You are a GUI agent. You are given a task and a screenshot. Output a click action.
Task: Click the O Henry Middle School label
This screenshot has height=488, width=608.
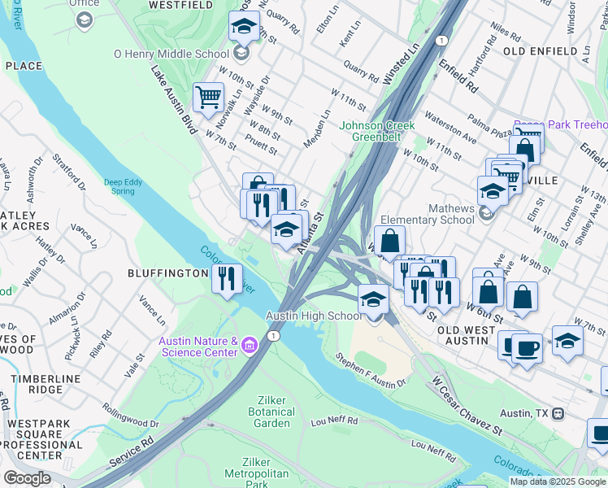pyautogui.click(x=171, y=54)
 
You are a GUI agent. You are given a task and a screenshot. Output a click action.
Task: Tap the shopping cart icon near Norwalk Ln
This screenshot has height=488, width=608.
pyautogui.click(x=208, y=98)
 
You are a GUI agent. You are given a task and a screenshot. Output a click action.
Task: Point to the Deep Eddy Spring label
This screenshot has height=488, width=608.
pyautogui.click(x=124, y=185)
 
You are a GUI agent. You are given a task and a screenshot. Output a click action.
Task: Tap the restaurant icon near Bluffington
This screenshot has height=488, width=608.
pyautogui.click(x=227, y=277)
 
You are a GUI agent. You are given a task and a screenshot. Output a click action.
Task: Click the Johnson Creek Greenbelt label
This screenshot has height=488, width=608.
pyautogui.click(x=377, y=131)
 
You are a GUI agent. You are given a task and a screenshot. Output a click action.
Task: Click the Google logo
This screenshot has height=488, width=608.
pyautogui.click(x=27, y=478)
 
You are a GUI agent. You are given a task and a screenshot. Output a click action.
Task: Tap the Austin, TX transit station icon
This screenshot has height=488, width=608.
pyautogui.click(x=558, y=413)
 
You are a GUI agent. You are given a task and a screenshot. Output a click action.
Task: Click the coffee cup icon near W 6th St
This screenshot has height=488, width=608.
pyautogui.click(x=526, y=347)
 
